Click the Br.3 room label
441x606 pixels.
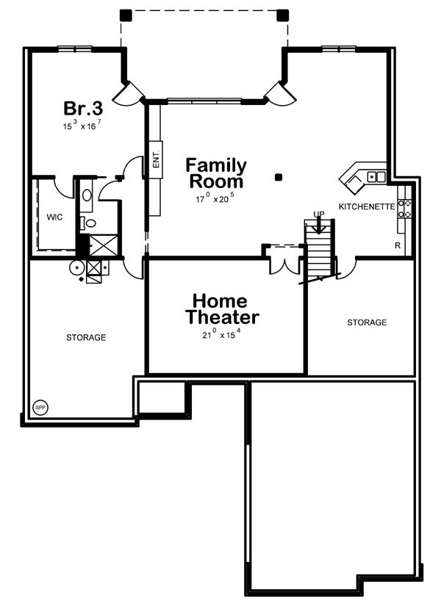(83, 108)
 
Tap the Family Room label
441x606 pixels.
(216, 173)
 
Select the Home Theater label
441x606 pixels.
(222, 309)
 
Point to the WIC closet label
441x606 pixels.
(54, 217)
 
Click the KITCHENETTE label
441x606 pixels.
(367, 206)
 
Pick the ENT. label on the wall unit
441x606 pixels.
(157, 159)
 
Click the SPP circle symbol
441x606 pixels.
(40, 408)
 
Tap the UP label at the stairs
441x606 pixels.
(319, 214)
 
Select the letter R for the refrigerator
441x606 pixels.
(398, 246)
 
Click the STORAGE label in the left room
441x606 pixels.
(86, 338)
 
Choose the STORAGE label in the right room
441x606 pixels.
(367, 322)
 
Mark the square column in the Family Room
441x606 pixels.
(278, 178)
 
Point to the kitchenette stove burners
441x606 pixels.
(405, 209)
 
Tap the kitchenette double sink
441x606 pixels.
(376, 177)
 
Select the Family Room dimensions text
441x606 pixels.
(215, 198)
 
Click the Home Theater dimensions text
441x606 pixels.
(221, 334)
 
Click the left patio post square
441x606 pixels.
(126, 15)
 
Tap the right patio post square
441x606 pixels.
(283, 15)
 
